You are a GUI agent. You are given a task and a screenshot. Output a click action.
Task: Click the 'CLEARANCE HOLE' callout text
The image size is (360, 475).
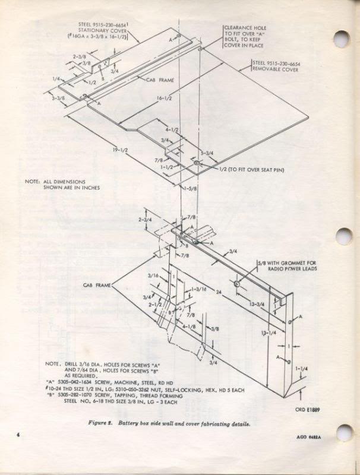[x=245, y=27]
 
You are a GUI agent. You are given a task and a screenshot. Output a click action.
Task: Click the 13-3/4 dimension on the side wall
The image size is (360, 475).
[x=257, y=303]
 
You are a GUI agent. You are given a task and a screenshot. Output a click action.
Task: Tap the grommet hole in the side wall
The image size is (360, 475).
[x=236, y=284]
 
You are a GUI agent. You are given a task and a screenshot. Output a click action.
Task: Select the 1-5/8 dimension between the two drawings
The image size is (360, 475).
[x=190, y=189]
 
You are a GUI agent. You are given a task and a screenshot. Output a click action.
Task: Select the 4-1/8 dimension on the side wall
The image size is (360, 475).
[x=191, y=326]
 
